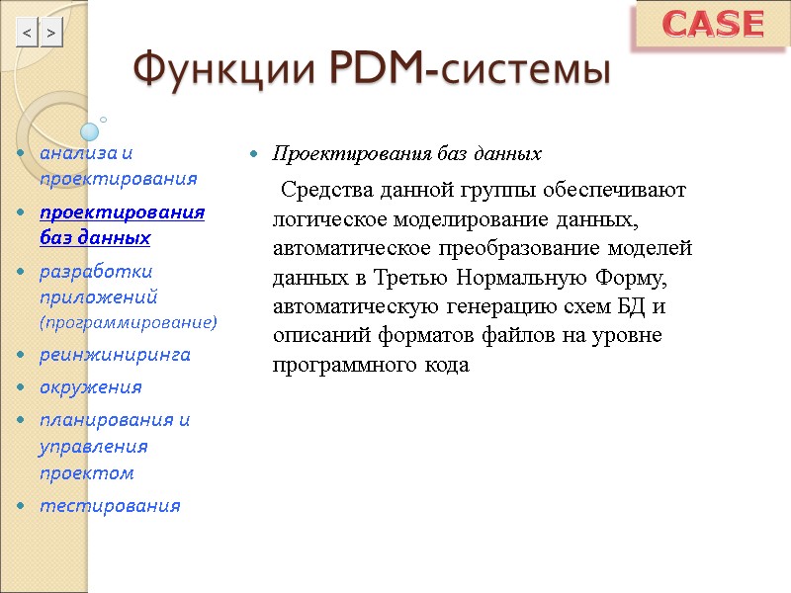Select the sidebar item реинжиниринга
coord(115,354)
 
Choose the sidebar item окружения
coord(90,386)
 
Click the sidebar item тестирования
coord(110,506)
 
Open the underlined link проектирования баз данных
coord(122,225)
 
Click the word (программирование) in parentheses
coord(128,322)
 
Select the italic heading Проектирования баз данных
coord(406,154)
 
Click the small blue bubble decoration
coord(90,130)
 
